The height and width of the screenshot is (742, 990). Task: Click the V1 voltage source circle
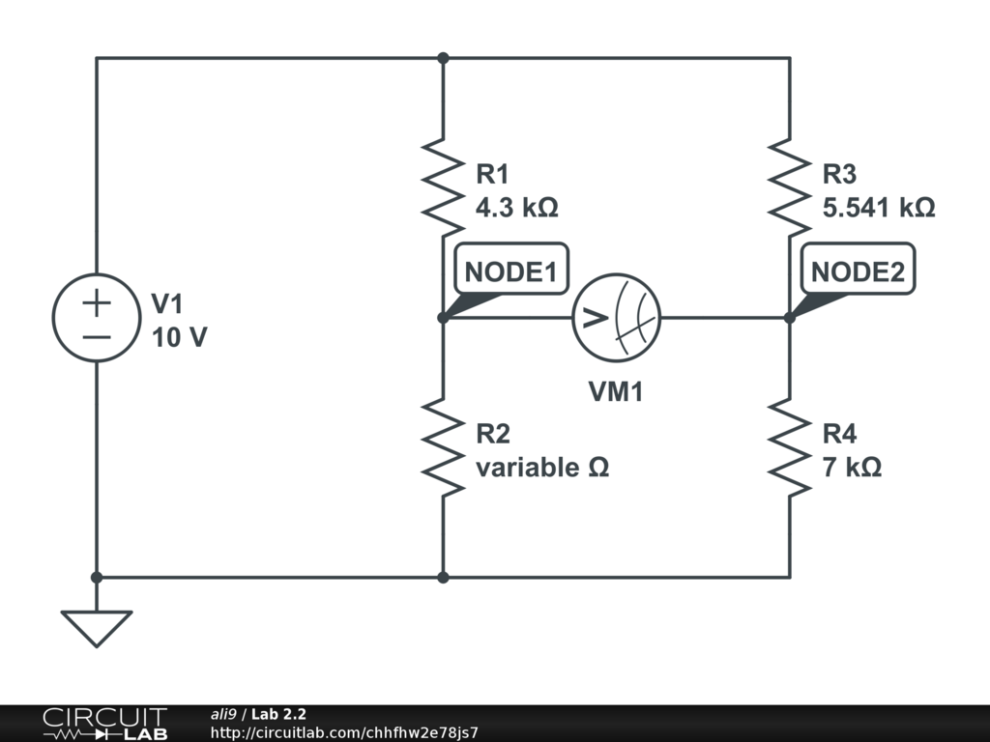tap(96, 318)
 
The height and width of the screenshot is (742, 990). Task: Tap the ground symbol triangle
tap(96, 628)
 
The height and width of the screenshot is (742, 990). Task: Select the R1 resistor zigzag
tap(443, 188)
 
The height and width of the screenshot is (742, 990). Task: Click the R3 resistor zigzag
tap(790, 188)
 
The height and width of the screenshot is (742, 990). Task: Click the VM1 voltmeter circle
tap(616, 318)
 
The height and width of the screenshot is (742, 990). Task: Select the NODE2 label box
tap(858, 272)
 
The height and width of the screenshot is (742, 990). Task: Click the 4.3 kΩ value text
tap(517, 208)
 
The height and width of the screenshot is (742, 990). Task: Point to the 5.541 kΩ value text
tap(879, 208)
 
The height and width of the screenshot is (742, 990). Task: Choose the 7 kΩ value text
tap(852, 468)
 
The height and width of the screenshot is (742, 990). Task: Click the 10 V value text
tap(179, 338)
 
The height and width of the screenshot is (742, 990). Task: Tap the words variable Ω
tap(542, 468)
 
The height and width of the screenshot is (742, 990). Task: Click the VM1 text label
tap(616, 392)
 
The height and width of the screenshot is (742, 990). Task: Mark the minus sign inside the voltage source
tap(96, 336)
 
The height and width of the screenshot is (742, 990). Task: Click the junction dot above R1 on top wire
tap(443, 58)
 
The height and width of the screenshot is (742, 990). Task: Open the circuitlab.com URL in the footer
tap(344, 732)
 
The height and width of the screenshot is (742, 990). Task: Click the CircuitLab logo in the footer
tap(104, 723)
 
